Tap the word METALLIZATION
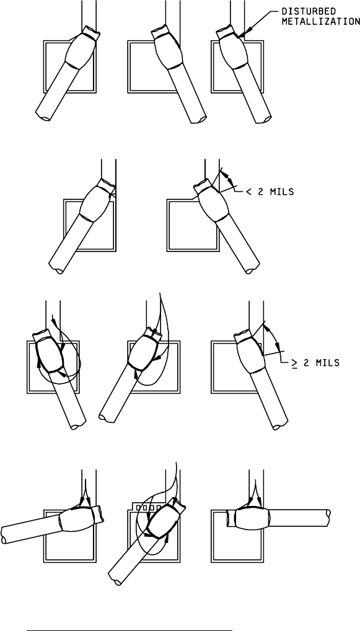click(321, 22)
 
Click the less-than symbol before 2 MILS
click(249, 193)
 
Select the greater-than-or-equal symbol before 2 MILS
click(295, 363)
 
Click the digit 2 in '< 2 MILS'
click(261, 193)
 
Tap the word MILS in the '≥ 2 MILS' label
click(325, 363)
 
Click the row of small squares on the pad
click(149, 507)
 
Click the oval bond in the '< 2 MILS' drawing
click(213, 203)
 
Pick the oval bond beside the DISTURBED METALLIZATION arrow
click(232, 50)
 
